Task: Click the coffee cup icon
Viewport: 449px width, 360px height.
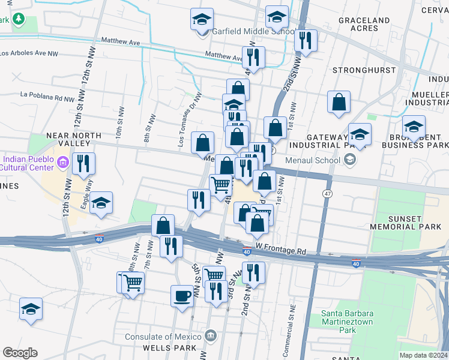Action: tap(182, 295)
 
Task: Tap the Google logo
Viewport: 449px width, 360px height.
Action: tap(20, 353)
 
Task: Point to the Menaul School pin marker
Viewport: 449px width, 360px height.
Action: tap(351, 160)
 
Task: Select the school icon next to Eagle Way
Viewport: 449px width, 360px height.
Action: tap(101, 203)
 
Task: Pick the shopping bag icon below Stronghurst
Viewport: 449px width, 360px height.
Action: tap(339, 101)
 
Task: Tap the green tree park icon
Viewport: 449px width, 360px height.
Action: tap(19, 19)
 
